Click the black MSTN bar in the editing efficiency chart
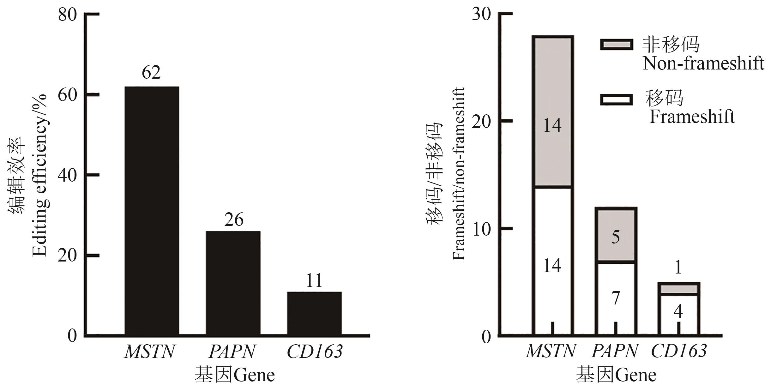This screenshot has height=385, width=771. pyautogui.click(x=152, y=210)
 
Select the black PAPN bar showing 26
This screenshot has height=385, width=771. pyautogui.click(x=233, y=283)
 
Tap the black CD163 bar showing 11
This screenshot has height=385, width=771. pyautogui.click(x=314, y=313)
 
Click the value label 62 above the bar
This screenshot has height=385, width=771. pyautogui.click(x=151, y=73)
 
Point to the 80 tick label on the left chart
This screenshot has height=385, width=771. pyautogui.click(x=68, y=15)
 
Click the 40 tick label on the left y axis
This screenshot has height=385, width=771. pyautogui.click(x=68, y=175)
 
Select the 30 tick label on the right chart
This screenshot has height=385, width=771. pyautogui.click(x=481, y=15)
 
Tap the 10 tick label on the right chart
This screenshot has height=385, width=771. pyautogui.click(x=481, y=229)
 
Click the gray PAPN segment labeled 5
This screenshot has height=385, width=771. pyautogui.click(x=615, y=235)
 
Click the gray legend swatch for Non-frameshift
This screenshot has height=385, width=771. pyautogui.click(x=617, y=45)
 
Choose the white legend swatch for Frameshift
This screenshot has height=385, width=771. pyautogui.click(x=617, y=100)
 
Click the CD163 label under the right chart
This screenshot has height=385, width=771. pyautogui.click(x=678, y=351)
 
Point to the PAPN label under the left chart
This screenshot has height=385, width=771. pyautogui.click(x=232, y=351)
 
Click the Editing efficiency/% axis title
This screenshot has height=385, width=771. pyautogui.click(x=40, y=175)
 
